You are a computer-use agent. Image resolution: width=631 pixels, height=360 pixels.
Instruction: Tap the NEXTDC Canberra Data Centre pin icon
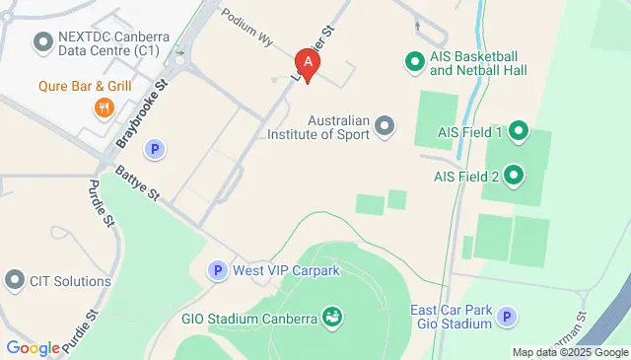pyautogui.click(x=42, y=41)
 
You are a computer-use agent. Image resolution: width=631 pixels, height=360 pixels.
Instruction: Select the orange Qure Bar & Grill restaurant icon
pyautogui.click(x=102, y=107)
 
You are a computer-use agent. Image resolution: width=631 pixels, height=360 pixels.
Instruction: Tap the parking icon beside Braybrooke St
pyautogui.click(x=154, y=150)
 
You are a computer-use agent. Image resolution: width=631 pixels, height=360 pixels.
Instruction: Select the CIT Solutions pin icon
pyautogui.click(x=15, y=281)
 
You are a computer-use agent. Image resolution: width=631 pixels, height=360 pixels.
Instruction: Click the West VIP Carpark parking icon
pyautogui.click(x=217, y=269)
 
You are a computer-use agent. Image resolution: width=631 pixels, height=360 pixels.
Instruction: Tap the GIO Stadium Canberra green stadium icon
pyautogui.click(x=333, y=318)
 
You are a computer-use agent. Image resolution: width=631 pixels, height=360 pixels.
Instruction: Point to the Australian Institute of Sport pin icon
pyautogui.click(x=385, y=126)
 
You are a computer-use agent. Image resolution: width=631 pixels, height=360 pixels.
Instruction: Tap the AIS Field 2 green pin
pyautogui.click(x=513, y=178)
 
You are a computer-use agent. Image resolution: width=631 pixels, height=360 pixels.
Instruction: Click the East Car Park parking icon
pyautogui.click(x=506, y=317)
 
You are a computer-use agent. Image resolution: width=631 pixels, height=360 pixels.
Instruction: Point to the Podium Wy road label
pyautogui.click(x=246, y=26)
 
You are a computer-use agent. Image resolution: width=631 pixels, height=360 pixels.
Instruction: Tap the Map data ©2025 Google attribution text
pyautogui.click(x=569, y=352)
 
